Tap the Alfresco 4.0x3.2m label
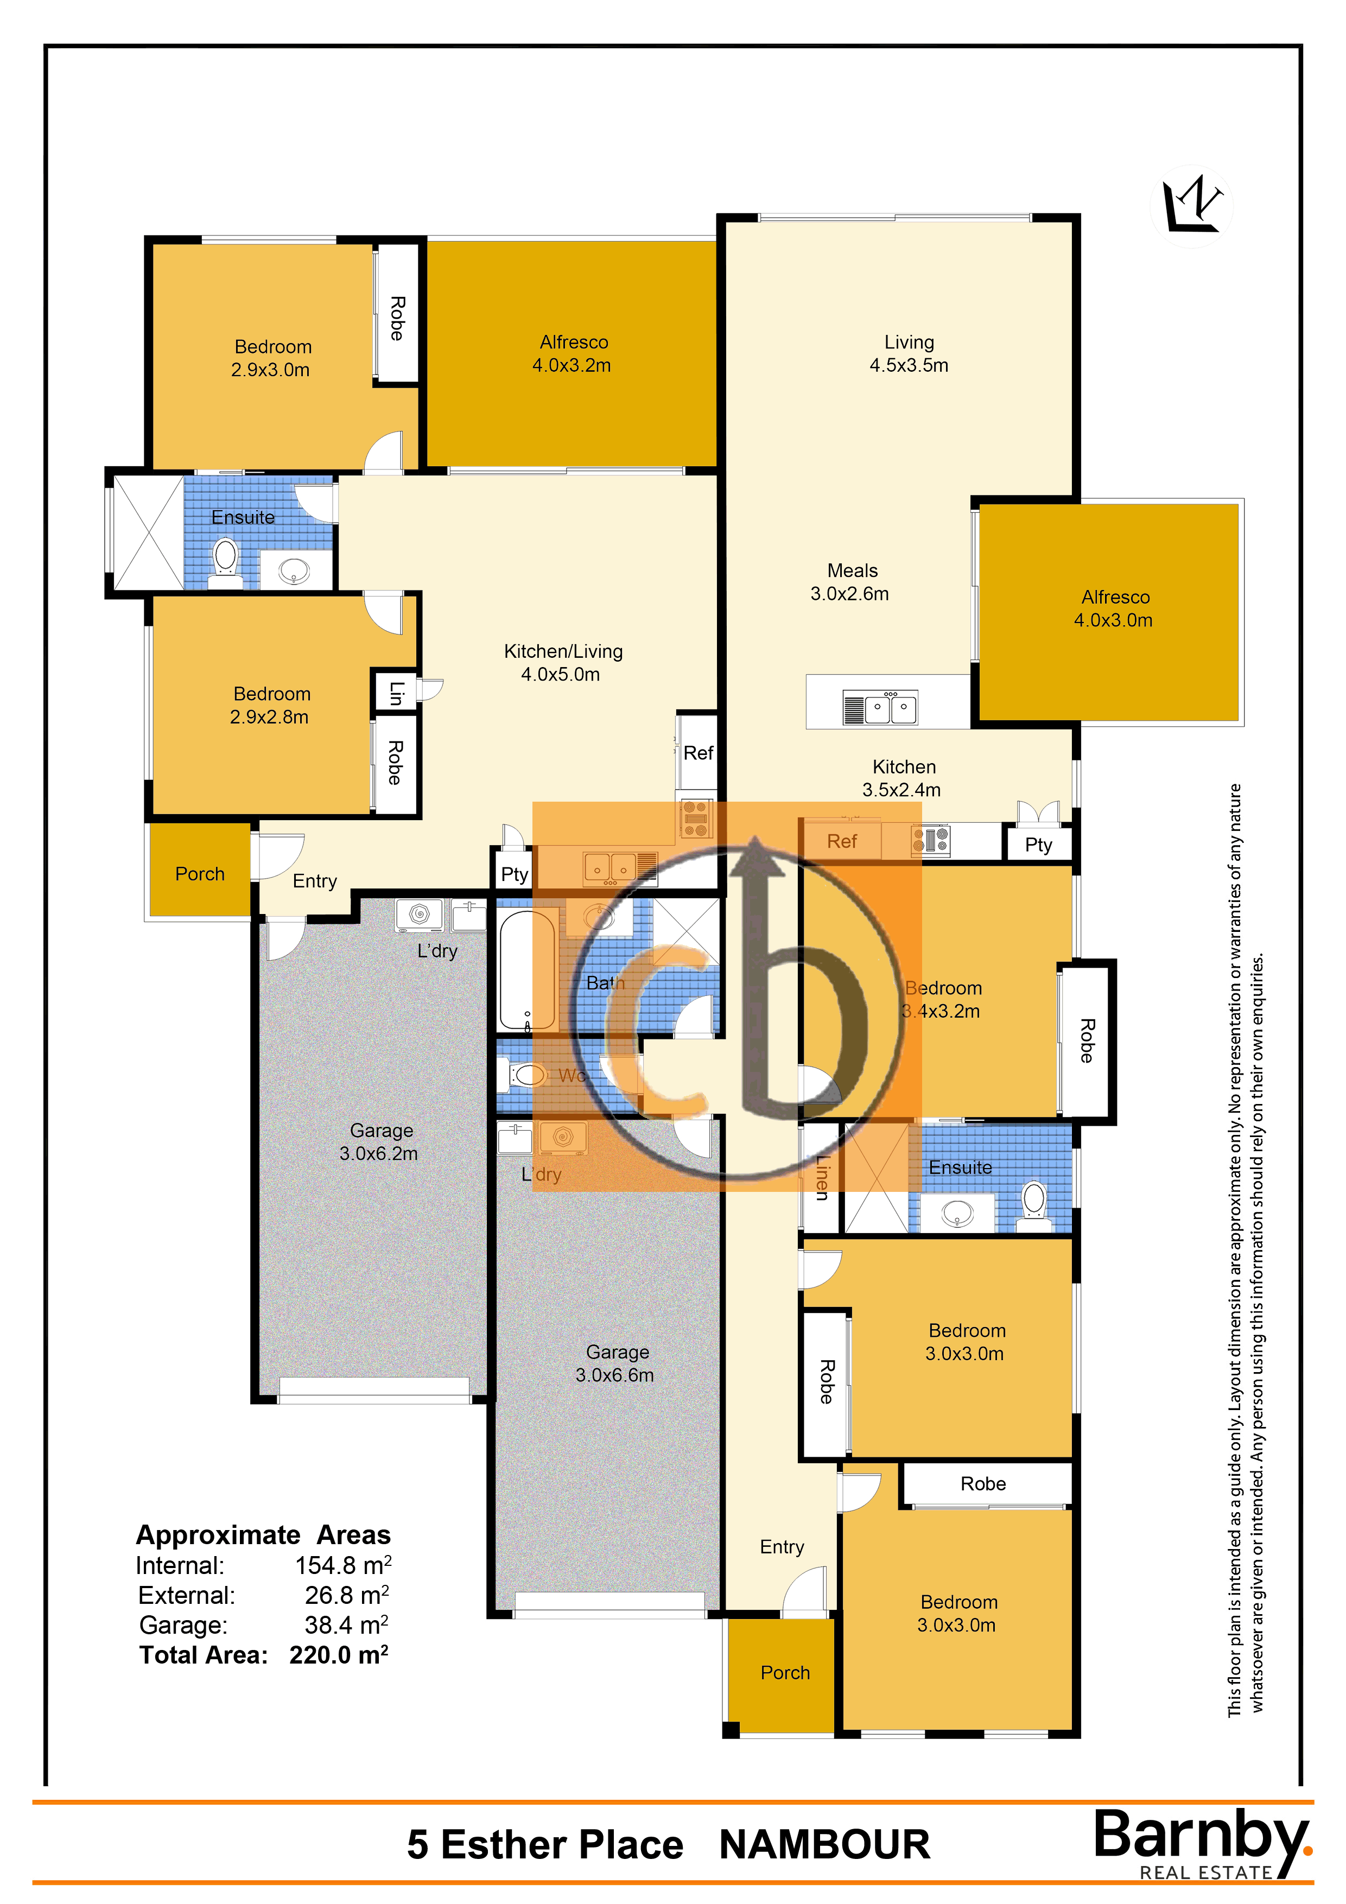click(572, 353)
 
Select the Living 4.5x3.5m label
click(909, 353)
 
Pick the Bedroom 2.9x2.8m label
click(270, 705)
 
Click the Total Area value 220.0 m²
click(338, 1655)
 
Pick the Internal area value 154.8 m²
click(342, 1566)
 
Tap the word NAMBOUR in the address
click(824, 1844)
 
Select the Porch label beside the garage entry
click(200, 874)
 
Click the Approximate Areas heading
click(263, 1535)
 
